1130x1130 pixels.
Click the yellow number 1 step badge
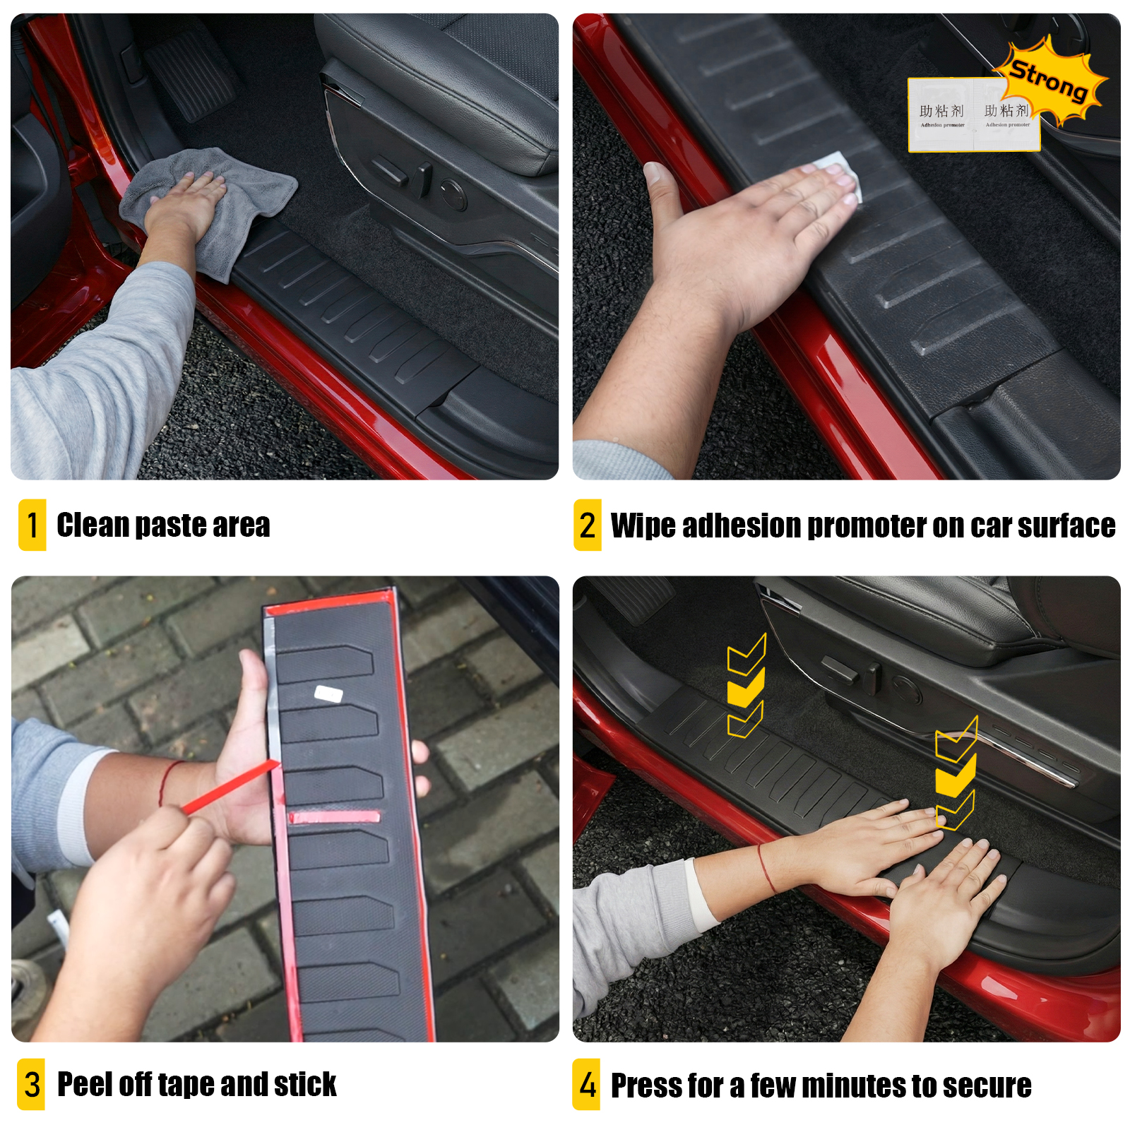tap(32, 525)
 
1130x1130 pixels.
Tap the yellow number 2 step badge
tap(587, 525)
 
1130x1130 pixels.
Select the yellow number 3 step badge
tap(31, 1084)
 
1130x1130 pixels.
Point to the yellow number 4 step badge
tap(586, 1084)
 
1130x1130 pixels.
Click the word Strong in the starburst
tap(1048, 80)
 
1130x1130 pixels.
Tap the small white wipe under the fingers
tap(840, 169)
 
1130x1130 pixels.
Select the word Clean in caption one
tap(93, 525)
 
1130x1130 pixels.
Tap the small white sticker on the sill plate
tap(328, 694)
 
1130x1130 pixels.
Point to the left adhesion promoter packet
tap(941, 114)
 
